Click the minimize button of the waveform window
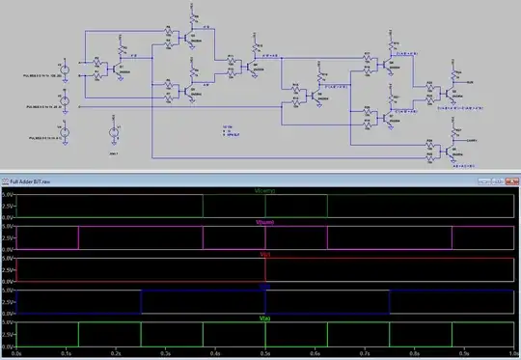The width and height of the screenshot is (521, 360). click(480, 180)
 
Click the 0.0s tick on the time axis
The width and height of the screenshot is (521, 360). click(20, 354)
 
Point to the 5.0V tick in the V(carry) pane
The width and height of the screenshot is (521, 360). click(8, 196)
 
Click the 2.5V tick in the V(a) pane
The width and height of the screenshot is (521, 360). click(8, 334)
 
